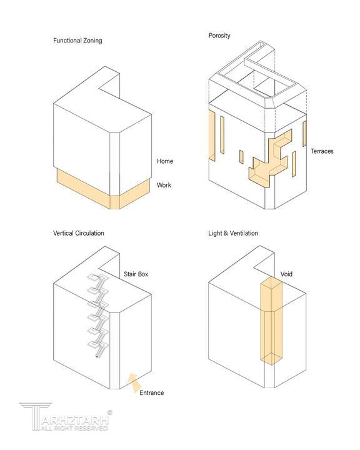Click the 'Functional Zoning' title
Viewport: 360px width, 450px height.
[x=77, y=41]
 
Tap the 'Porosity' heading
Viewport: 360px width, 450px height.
[x=219, y=36]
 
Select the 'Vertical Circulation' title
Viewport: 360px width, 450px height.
[x=78, y=233]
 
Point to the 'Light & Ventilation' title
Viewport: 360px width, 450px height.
[x=233, y=233]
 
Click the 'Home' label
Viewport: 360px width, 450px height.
[x=165, y=161]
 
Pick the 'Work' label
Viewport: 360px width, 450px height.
[x=164, y=185]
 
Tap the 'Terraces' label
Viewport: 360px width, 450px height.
[x=322, y=151]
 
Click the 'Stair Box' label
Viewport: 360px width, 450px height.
[x=136, y=274]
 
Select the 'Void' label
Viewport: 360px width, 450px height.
[x=286, y=274]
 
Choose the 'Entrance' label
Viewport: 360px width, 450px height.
[x=152, y=392]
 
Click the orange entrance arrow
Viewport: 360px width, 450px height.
[x=134, y=383]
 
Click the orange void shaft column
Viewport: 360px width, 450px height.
[x=271, y=321]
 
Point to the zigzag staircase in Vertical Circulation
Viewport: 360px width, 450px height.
[x=98, y=316]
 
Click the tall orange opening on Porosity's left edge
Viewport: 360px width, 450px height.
[x=212, y=135]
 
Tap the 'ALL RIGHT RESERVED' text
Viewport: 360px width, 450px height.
[x=74, y=428]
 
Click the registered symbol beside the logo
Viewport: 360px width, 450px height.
[x=109, y=412]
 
